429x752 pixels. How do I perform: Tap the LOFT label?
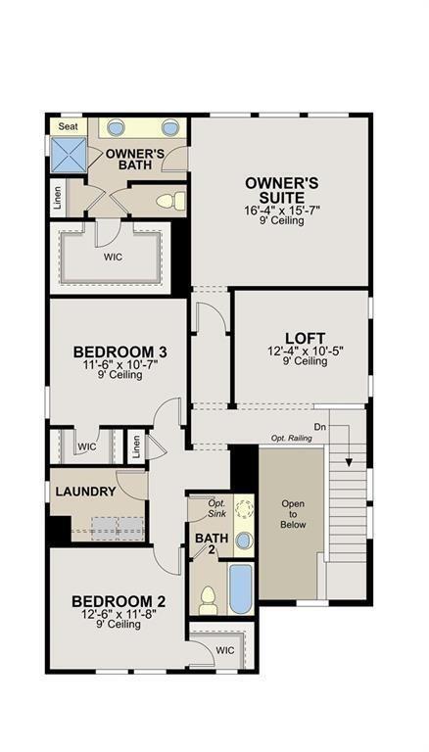pos(305,335)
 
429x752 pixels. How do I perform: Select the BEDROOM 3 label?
pos(114,351)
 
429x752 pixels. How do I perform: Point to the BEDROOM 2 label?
pos(113,600)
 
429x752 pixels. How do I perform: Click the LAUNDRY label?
pos(85,491)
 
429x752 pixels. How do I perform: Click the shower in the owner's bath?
pos(68,152)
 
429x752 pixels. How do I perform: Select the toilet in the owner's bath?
pos(169,202)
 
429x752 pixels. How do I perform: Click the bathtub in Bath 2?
pos(240,587)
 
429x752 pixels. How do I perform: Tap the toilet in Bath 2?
pos(208,598)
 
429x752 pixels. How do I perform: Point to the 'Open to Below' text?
pos(293,515)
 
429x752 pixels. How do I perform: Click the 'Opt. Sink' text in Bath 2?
pos(216,509)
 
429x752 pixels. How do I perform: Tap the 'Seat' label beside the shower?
pos(68,126)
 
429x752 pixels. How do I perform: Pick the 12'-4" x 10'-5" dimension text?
pos(305,350)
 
